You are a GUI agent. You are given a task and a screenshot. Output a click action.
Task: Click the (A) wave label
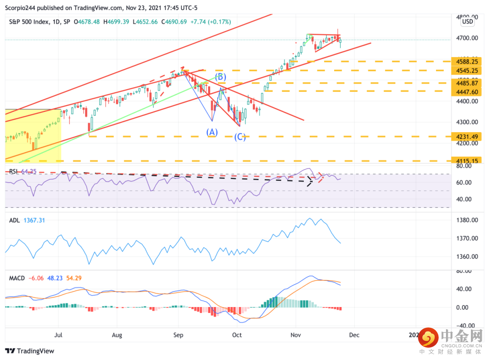click(212, 132)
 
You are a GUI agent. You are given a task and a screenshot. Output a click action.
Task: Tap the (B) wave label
click(221, 77)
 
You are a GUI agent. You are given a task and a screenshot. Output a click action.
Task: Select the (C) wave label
click(240, 137)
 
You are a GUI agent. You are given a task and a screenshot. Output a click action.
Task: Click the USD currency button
click(467, 21)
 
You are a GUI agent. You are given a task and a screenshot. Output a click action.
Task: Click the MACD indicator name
click(16, 278)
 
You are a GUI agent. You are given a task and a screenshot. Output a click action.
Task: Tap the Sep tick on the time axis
click(178, 335)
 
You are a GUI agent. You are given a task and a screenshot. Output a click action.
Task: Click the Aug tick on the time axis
click(117, 335)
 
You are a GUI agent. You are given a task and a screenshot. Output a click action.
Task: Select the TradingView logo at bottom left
click(30, 351)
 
